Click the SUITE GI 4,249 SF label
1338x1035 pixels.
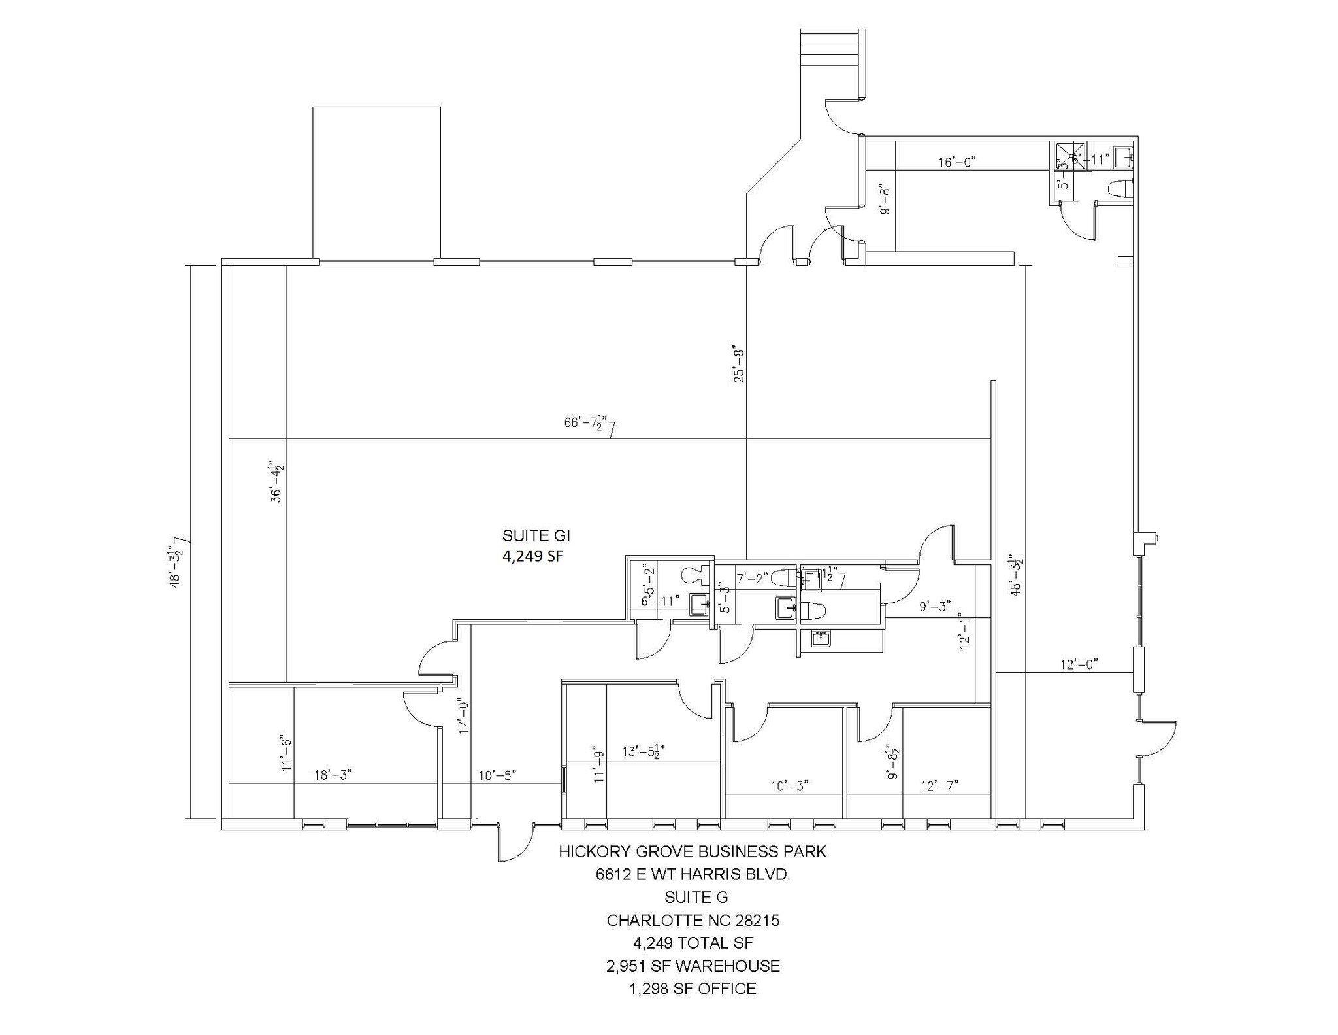[536, 546]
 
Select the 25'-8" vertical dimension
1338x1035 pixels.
[739, 364]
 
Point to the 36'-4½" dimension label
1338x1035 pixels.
[278, 482]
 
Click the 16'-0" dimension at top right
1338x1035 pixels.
[957, 162]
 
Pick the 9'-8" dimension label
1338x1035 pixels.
[885, 200]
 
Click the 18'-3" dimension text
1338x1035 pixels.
[333, 775]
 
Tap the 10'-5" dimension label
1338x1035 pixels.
[497, 775]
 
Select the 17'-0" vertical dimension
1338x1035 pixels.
[465, 716]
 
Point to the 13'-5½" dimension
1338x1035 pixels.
[644, 752]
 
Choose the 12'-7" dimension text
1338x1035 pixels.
[939, 785]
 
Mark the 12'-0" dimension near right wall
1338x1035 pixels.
[1079, 664]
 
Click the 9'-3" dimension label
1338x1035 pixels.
[935, 607]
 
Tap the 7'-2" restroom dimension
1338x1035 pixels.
[750, 579]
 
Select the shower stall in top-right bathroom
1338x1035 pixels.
[1070, 157]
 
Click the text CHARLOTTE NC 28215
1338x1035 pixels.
[693, 921]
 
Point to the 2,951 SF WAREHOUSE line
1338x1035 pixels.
[693, 966]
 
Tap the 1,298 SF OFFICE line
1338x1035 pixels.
[693, 989]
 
